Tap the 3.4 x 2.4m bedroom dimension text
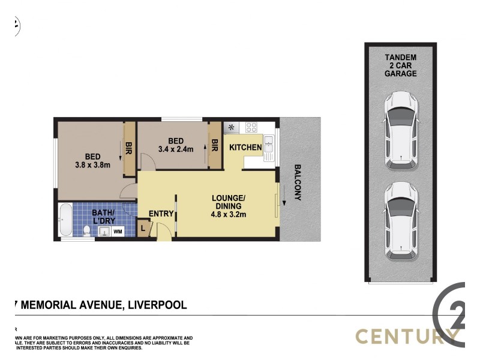click(175, 149)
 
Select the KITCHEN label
click(245, 148)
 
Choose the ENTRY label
click(160, 214)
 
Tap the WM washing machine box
click(118, 230)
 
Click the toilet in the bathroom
click(88, 230)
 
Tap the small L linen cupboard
click(143, 228)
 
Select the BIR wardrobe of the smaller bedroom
click(214, 145)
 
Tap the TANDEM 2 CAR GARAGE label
click(401, 65)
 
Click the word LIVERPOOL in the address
click(155, 305)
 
